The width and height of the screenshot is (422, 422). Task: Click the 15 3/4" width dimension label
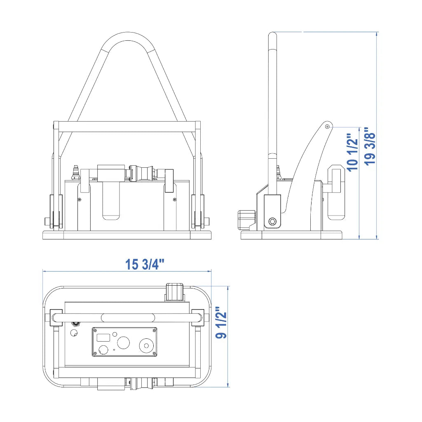click(x=145, y=264)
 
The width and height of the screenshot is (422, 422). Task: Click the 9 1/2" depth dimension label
click(x=221, y=322)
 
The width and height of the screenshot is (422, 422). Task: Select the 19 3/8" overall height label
click(x=370, y=146)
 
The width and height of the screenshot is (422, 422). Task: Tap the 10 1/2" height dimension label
click(x=353, y=152)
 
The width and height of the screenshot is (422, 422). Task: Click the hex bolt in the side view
click(x=272, y=221)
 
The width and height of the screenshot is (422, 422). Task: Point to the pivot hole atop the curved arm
click(x=327, y=126)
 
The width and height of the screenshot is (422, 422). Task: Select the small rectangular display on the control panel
click(x=103, y=338)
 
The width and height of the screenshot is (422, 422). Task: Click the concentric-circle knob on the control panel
click(x=146, y=346)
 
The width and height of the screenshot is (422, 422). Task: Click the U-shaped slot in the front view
click(x=111, y=201)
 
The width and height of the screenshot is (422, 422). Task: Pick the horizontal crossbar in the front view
click(x=127, y=127)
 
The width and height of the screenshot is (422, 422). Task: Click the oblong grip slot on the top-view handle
click(x=128, y=318)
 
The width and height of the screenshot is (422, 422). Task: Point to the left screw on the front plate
click(x=79, y=199)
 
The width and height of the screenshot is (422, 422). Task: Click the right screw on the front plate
click(x=175, y=199)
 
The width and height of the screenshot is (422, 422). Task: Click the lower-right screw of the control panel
click(x=154, y=353)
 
